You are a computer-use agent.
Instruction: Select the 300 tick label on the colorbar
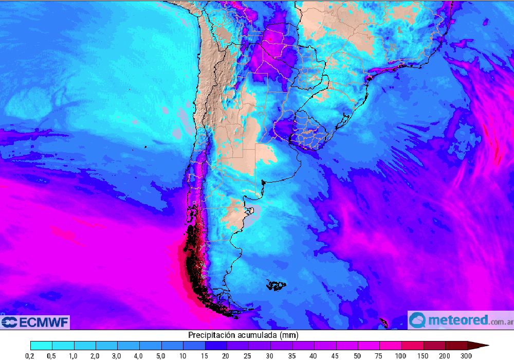click(x=467, y=355)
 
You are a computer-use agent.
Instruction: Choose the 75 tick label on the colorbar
click(x=380, y=355)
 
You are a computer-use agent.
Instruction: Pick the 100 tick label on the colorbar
click(x=401, y=355)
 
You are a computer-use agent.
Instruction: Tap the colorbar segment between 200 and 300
click(x=456, y=345)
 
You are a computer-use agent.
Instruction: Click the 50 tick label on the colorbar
click(x=358, y=355)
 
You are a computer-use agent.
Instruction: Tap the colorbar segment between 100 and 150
click(x=412, y=345)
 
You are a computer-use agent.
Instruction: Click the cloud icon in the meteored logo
click(x=417, y=320)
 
